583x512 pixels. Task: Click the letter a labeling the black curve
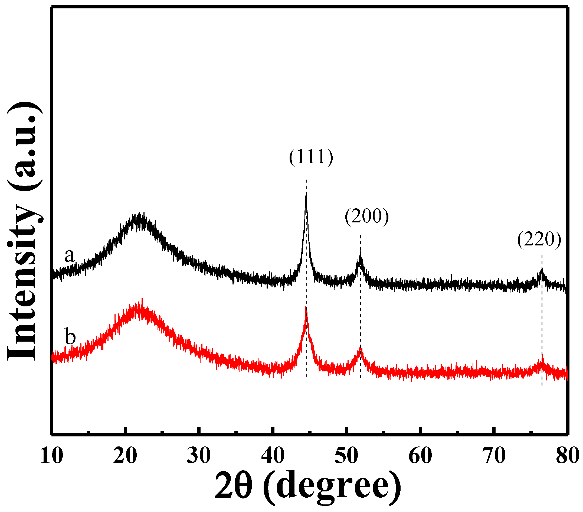69,255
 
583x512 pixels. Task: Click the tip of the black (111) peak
306,193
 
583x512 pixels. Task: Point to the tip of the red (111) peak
306,307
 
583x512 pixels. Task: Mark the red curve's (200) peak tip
361,348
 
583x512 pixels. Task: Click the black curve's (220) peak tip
542,269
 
